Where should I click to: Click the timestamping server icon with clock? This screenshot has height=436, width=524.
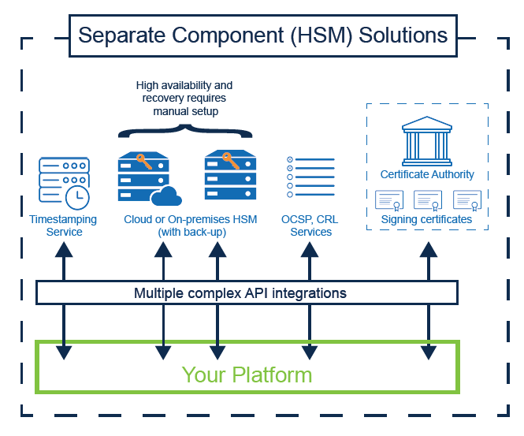coord(63,182)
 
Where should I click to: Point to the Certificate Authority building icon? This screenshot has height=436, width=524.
coord(426,141)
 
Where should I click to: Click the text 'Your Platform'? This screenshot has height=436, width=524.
coord(247,375)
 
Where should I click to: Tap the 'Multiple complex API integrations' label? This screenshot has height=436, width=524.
coord(240,293)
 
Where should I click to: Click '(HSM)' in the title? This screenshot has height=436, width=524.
coord(319,35)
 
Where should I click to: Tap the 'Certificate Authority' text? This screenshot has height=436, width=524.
coord(427,174)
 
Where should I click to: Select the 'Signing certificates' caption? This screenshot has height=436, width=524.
coord(426,219)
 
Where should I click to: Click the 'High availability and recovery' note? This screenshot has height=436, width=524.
coord(184,98)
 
